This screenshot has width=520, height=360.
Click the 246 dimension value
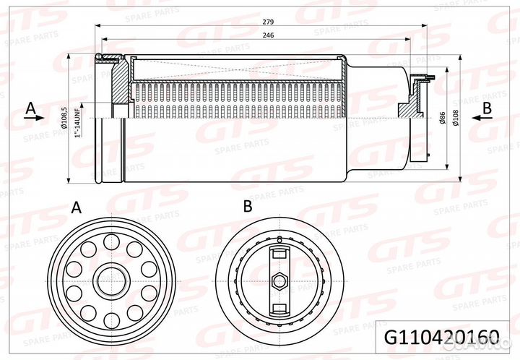[x=269, y=35]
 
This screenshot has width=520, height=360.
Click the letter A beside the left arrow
[x=30, y=108]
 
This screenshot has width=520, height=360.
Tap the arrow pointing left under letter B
[x=484, y=119]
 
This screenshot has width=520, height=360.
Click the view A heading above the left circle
[x=77, y=207]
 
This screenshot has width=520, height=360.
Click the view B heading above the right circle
[x=247, y=207]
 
